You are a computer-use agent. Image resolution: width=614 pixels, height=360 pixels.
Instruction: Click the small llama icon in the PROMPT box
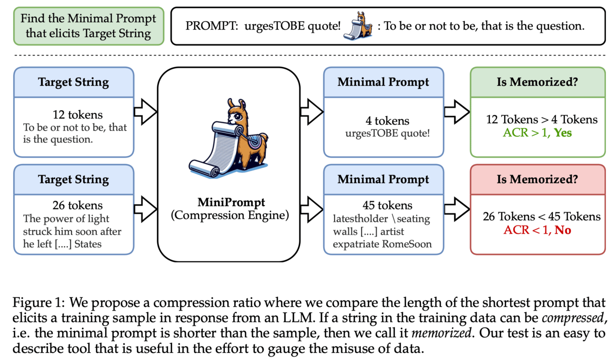click(359, 26)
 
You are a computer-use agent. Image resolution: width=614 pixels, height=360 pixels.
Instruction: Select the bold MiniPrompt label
click(228, 203)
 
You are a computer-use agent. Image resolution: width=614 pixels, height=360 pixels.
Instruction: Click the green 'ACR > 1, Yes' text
click(537, 133)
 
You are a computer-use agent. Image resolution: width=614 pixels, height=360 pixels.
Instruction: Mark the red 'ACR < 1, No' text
click(537, 230)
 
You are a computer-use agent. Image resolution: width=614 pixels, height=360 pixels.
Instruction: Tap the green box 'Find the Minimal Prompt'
click(88, 26)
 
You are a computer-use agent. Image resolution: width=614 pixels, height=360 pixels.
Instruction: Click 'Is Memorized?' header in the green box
click(537, 82)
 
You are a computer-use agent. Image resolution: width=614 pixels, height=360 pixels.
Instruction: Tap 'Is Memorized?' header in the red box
click(537, 179)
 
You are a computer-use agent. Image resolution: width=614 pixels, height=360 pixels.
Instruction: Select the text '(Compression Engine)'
click(228, 215)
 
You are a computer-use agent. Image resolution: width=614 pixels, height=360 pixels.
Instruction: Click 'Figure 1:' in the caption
click(34, 303)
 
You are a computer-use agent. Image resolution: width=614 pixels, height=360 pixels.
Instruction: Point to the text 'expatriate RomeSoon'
click(383, 244)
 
